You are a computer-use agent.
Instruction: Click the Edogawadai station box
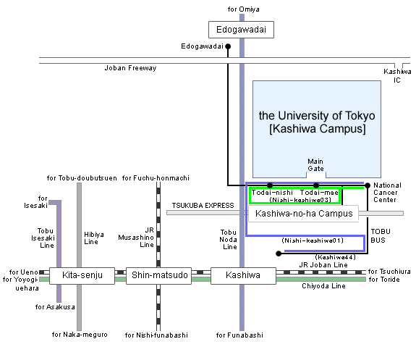[x=241, y=30]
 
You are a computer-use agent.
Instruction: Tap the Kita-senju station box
[x=82, y=276]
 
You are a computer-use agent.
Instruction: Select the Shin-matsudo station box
[x=158, y=276]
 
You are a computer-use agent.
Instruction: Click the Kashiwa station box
[x=243, y=276]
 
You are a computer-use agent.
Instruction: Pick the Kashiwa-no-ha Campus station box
[x=304, y=214]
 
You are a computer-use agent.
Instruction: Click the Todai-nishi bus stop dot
[x=270, y=185]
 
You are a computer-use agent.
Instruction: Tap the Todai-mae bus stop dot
[x=316, y=185]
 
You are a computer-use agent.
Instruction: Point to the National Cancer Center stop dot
[x=368, y=185]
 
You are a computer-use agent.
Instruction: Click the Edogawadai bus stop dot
[x=228, y=46]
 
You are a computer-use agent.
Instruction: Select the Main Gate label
[x=315, y=165]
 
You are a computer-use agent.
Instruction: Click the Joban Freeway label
[x=130, y=68]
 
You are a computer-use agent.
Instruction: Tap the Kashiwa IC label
[x=397, y=76]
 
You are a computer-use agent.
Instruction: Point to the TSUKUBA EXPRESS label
[x=203, y=206]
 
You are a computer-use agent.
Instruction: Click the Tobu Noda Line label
[x=228, y=239]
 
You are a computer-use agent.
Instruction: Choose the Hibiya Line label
[x=94, y=238]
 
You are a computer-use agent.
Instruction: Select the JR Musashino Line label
[x=136, y=238]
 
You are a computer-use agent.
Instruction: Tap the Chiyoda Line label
[x=323, y=286]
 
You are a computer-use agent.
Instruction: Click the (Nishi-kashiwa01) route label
[x=313, y=240]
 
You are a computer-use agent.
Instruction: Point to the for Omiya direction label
[x=244, y=9]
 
